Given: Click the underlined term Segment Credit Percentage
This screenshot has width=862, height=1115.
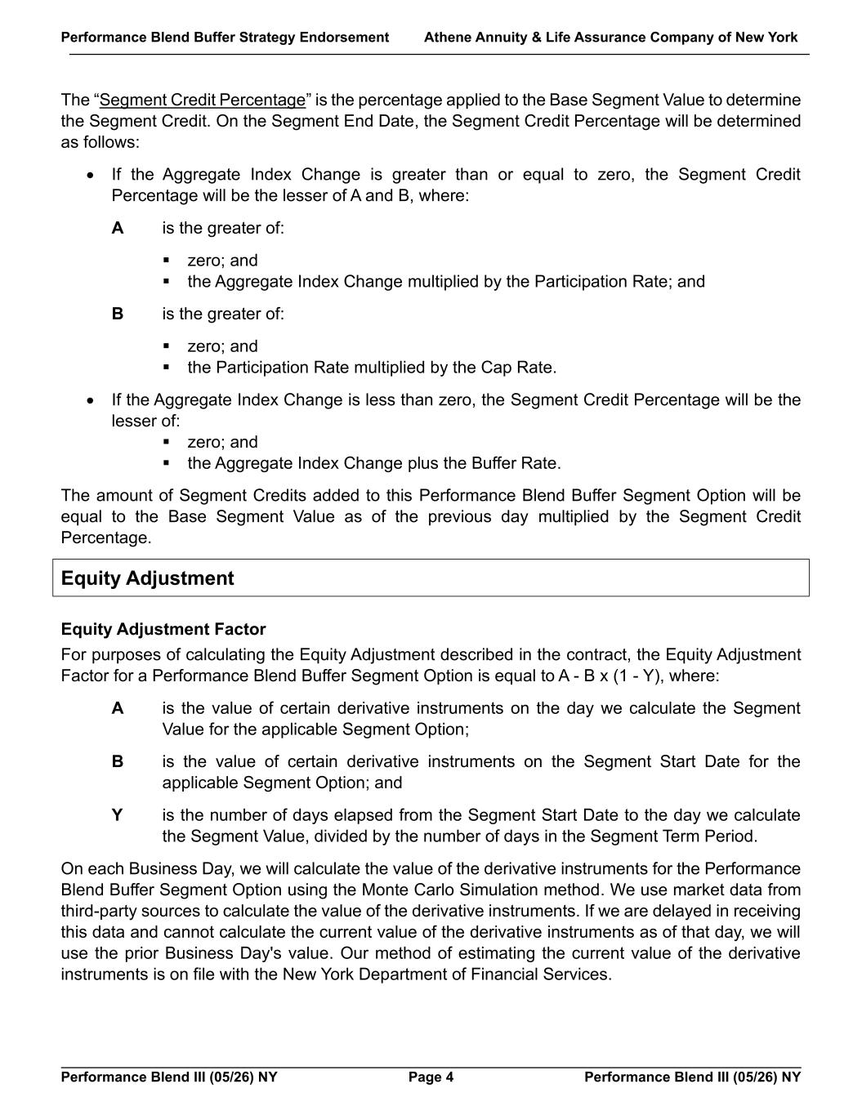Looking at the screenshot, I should pyautogui.click(x=202, y=100).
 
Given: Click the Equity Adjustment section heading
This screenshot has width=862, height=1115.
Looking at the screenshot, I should pyautogui.click(x=147, y=578).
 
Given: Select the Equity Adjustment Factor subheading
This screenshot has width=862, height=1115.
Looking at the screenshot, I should pyautogui.click(x=163, y=630).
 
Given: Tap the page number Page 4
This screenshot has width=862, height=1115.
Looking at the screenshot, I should pyautogui.click(x=431, y=1077).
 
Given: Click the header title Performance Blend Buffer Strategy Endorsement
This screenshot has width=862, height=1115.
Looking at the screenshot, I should pyautogui.click(x=225, y=38).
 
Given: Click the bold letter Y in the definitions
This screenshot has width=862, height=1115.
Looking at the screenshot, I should pyautogui.click(x=118, y=815).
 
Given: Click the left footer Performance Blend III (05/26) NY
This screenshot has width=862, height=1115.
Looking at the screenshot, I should pyautogui.click(x=169, y=1077).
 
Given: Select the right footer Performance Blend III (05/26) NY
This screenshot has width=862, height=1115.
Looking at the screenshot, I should pyautogui.click(x=692, y=1077).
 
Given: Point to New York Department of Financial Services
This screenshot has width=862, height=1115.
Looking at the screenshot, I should pyautogui.click(x=446, y=975).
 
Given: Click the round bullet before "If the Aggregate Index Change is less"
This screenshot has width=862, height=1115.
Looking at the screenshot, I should pyautogui.click(x=91, y=400).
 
